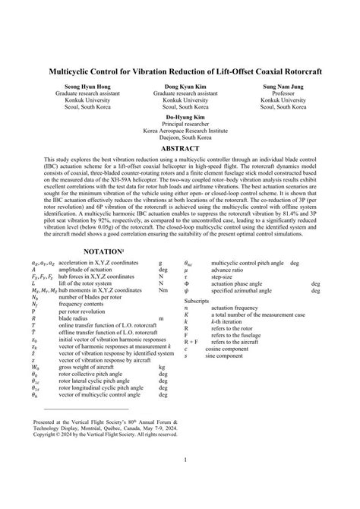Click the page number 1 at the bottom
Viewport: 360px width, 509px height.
(x=180, y=481)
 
